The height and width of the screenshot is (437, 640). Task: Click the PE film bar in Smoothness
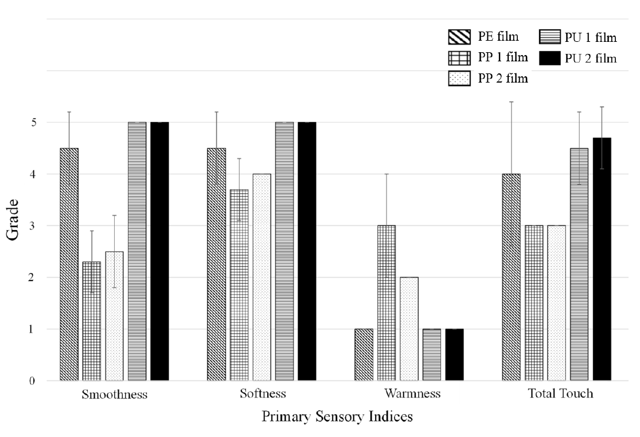pos(69,264)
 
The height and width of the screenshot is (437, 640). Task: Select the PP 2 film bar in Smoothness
pos(114,316)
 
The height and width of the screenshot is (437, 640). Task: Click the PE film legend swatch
pos(459,38)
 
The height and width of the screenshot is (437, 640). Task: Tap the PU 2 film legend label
pos(591,58)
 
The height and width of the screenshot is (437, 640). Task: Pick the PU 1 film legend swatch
pos(550,38)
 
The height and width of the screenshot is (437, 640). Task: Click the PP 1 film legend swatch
pos(459,58)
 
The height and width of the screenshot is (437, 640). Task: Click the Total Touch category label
pos(559,394)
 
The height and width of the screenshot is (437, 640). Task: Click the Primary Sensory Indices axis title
pos(337,417)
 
